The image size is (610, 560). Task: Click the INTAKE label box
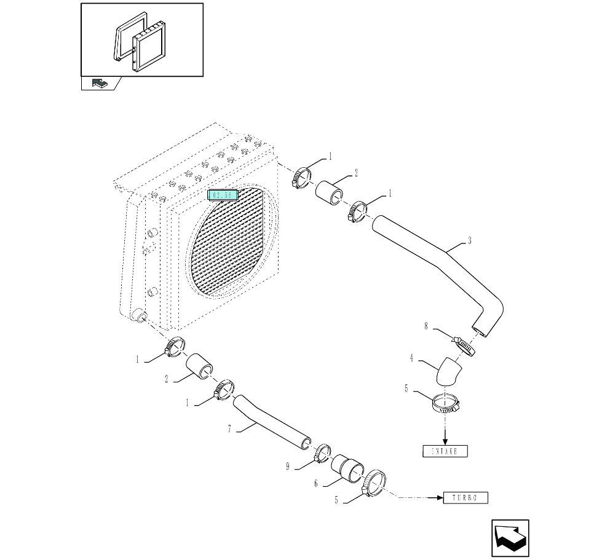tap(445, 451)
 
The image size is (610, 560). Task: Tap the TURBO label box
tap(465, 497)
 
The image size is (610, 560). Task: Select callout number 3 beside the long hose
tap(470, 241)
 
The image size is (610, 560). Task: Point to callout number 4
tap(411, 357)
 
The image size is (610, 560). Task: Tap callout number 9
tap(287, 467)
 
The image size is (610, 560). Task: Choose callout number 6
tap(316, 484)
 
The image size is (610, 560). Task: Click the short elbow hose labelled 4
tap(448, 372)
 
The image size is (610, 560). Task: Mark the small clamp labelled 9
tap(323, 455)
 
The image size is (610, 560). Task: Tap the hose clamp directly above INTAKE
tap(445, 403)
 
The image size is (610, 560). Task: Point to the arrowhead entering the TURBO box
tap(438, 497)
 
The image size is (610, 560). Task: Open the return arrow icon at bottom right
tap(510, 538)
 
